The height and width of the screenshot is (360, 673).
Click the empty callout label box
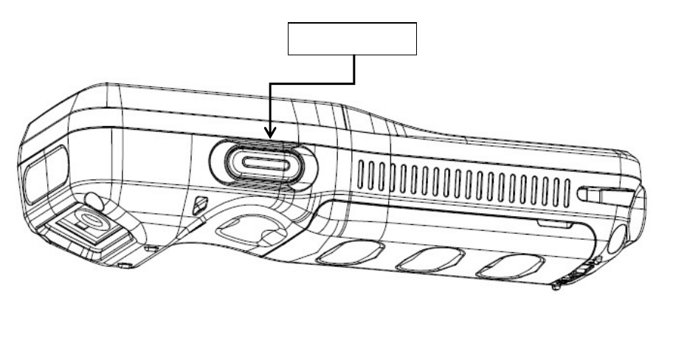click(x=352, y=39)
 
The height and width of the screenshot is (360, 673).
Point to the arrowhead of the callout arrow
click(x=271, y=132)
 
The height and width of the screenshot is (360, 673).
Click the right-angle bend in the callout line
click(x=355, y=82)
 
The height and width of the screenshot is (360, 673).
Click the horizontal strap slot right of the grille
click(x=605, y=195)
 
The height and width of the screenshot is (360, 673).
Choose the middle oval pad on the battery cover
click(x=430, y=259)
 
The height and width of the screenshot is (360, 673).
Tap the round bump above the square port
click(x=92, y=200)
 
